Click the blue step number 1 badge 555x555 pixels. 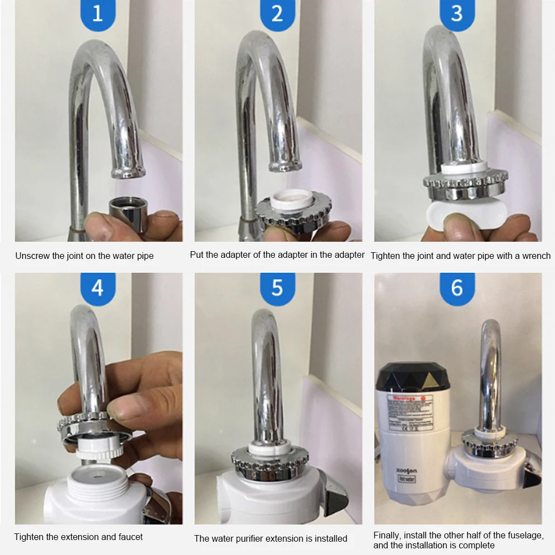pyautogui.click(x=98, y=13)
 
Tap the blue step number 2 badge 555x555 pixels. pyautogui.click(x=277, y=13)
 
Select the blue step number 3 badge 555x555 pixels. pyautogui.click(x=457, y=13)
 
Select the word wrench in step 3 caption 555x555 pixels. pyautogui.click(x=537, y=256)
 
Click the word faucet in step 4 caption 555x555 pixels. pyautogui.click(x=130, y=537)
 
